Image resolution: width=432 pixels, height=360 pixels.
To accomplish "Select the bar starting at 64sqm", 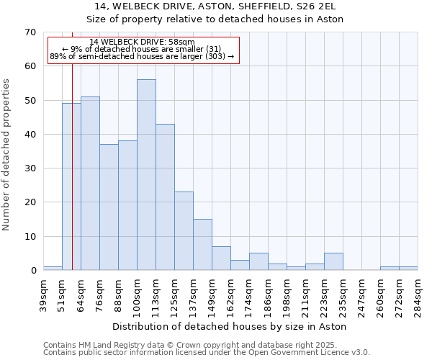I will (x=90, y=184).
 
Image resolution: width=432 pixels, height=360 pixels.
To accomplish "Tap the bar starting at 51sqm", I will (x=71, y=186).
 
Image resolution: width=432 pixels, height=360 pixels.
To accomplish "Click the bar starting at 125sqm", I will (x=184, y=231).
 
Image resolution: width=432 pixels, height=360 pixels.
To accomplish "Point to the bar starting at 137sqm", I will (x=202, y=245).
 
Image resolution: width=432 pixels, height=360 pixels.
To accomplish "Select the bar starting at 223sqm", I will (x=333, y=262).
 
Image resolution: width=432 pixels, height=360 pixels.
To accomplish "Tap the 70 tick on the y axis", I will (x=30, y=32).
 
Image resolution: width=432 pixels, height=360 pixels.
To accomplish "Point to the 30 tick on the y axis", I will (x=30, y=168).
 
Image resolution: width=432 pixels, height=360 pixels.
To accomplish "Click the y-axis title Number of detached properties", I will (x=7, y=155).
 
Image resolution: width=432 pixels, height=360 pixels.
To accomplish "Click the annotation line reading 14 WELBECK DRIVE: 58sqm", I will (x=142, y=42).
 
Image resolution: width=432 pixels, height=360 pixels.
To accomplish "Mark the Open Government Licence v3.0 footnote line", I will (x=207, y=353).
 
